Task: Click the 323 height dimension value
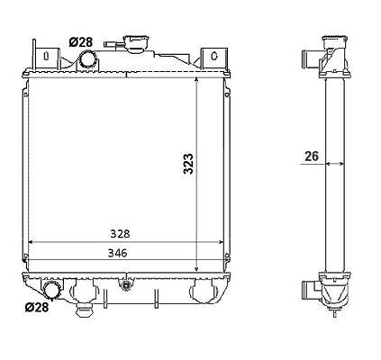click(x=188, y=164)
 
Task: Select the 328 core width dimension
click(x=120, y=234)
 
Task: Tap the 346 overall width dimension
click(x=117, y=253)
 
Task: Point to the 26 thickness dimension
click(x=312, y=157)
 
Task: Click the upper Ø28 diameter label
click(x=81, y=42)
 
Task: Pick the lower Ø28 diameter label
click(x=36, y=307)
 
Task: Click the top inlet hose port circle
click(x=88, y=58)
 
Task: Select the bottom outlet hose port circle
click(x=51, y=290)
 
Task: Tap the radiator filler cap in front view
click(x=137, y=43)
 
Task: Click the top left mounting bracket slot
click(x=46, y=56)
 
